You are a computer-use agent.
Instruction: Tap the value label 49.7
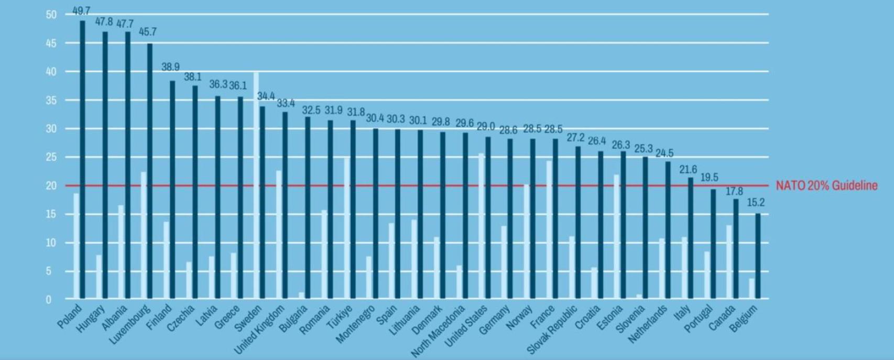coord(81,11)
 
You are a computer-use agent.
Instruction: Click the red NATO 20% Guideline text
coord(826,186)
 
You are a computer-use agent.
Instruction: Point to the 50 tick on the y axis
coord(51,15)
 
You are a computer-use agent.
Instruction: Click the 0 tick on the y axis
coord(49,300)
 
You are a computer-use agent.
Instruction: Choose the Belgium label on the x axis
coord(744,318)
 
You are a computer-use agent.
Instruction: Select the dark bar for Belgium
coord(758,256)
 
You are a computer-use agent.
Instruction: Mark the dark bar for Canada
coord(735,249)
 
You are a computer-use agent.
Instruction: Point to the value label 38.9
coord(170,67)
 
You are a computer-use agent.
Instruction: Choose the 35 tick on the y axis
coord(51,100)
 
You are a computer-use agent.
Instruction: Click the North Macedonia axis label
coord(438,332)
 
